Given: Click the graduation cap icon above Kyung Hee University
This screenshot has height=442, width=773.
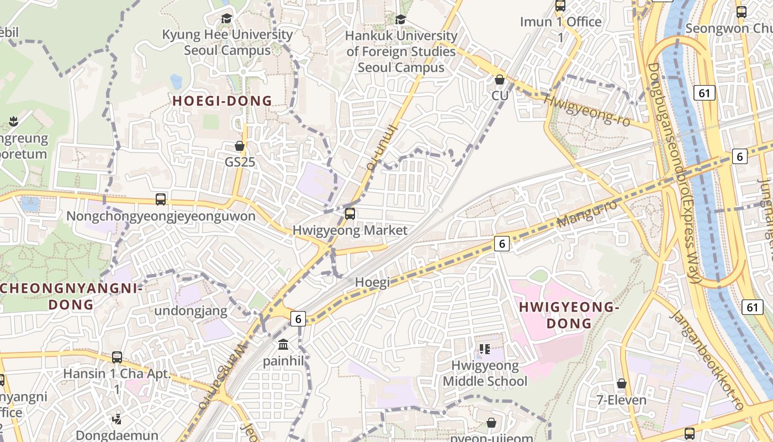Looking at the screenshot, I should point(226,19).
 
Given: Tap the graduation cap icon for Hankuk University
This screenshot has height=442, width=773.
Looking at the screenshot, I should point(401,19).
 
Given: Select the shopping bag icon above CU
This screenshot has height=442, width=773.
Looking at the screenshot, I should point(500,80).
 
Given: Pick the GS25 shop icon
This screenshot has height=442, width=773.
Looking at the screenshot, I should point(240,146).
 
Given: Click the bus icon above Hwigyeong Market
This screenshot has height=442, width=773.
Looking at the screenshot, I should point(350,214).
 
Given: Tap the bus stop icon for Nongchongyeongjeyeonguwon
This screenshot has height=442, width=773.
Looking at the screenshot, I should point(161,199).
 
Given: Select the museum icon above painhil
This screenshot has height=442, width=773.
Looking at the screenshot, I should point(283,345).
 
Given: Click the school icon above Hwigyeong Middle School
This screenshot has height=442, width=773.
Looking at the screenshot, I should point(485,349).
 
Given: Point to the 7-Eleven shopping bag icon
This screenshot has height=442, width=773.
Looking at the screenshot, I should point(622,383).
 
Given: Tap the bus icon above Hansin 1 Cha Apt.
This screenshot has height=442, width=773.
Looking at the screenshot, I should point(117,357).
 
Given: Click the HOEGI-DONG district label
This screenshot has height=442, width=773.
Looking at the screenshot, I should point(222,101).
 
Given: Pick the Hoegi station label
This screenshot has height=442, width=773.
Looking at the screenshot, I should point(372,282).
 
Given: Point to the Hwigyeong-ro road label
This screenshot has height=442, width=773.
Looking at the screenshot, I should point(587,109).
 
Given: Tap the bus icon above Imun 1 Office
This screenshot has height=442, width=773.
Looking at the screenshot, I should point(560,6).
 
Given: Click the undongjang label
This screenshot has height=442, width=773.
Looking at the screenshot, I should point(190,311).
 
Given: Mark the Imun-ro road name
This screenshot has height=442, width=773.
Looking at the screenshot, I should point(382,146).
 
